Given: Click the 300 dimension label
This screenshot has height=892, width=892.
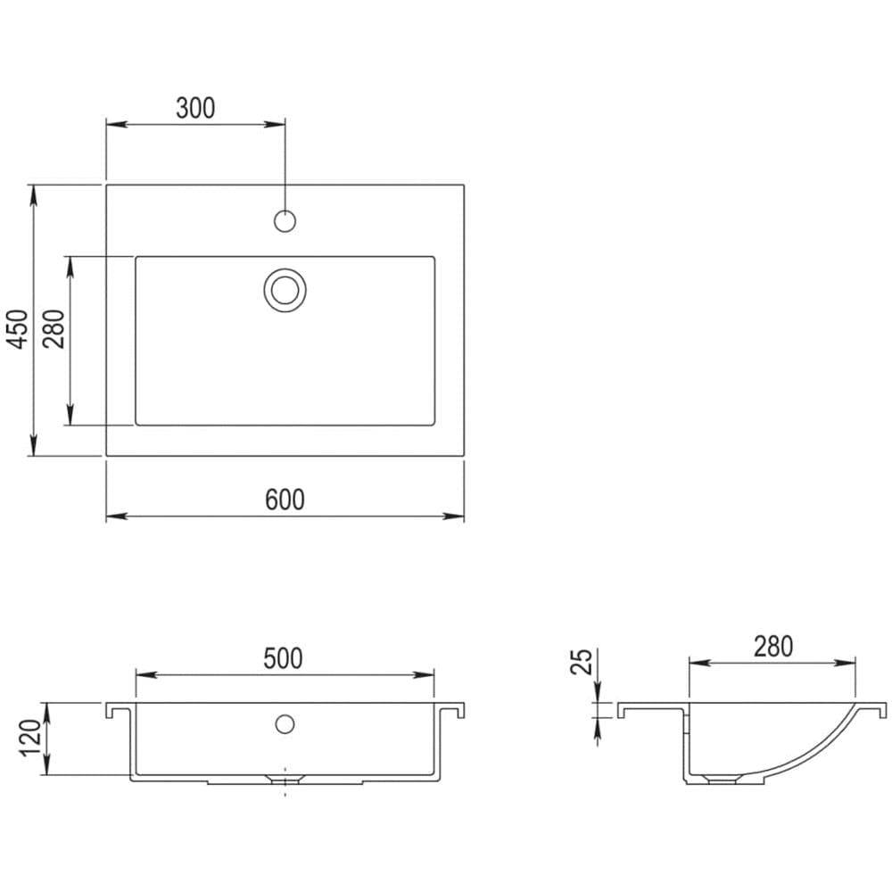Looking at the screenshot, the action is click(x=195, y=108).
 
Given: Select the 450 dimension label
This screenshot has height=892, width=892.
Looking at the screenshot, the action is click(x=18, y=329).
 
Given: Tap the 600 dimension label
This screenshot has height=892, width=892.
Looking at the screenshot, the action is click(x=285, y=500).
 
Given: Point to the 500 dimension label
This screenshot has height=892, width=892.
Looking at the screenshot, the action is click(x=283, y=658).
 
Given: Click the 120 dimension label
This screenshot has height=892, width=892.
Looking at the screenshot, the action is click(x=30, y=738).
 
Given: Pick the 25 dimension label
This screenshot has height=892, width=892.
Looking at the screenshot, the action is click(x=582, y=662).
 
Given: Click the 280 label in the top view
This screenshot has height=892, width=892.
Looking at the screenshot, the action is click(x=54, y=329).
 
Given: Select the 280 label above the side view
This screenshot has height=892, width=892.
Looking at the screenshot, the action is click(x=773, y=646).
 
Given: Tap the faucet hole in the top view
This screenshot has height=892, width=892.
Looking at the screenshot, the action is click(x=285, y=220).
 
